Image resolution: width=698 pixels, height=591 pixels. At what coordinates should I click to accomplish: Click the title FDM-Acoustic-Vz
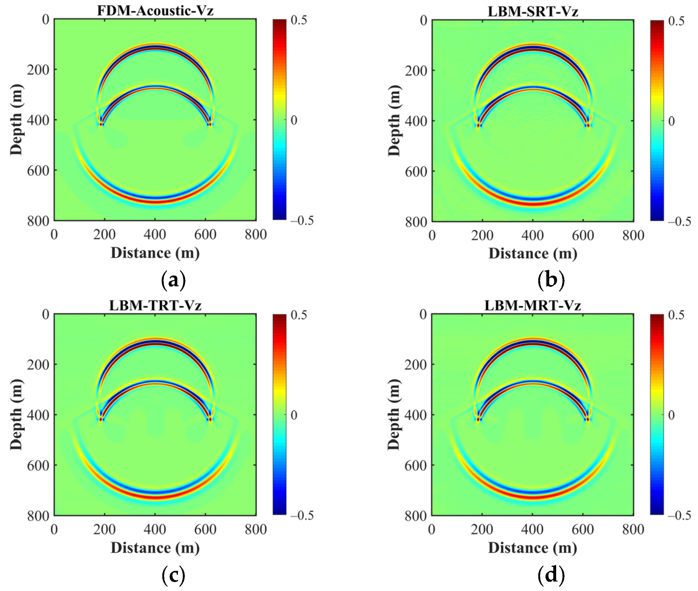(155, 11)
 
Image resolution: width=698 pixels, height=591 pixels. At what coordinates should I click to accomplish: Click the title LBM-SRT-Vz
(533, 12)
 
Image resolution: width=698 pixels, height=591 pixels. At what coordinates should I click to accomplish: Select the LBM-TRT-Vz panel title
(155, 305)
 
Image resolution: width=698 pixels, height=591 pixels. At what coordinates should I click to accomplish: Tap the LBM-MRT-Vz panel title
(533, 305)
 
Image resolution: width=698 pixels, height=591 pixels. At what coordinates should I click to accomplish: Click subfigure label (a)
(173, 280)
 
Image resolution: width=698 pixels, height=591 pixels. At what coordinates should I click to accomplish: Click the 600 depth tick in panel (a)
(37, 171)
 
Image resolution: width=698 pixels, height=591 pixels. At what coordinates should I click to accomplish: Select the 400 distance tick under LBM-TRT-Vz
(155, 529)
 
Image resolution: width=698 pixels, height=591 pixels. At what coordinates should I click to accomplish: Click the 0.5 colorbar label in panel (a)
(299, 20)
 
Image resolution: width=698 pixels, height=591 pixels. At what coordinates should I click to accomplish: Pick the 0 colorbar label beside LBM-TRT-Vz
(294, 415)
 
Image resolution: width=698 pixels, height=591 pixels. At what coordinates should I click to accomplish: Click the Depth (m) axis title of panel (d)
(394, 415)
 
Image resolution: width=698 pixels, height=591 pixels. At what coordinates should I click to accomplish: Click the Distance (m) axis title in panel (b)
(533, 254)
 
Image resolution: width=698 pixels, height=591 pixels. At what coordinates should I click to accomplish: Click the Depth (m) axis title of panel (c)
(16, 415)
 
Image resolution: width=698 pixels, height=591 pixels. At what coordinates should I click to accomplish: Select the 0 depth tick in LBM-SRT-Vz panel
(424, 21)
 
